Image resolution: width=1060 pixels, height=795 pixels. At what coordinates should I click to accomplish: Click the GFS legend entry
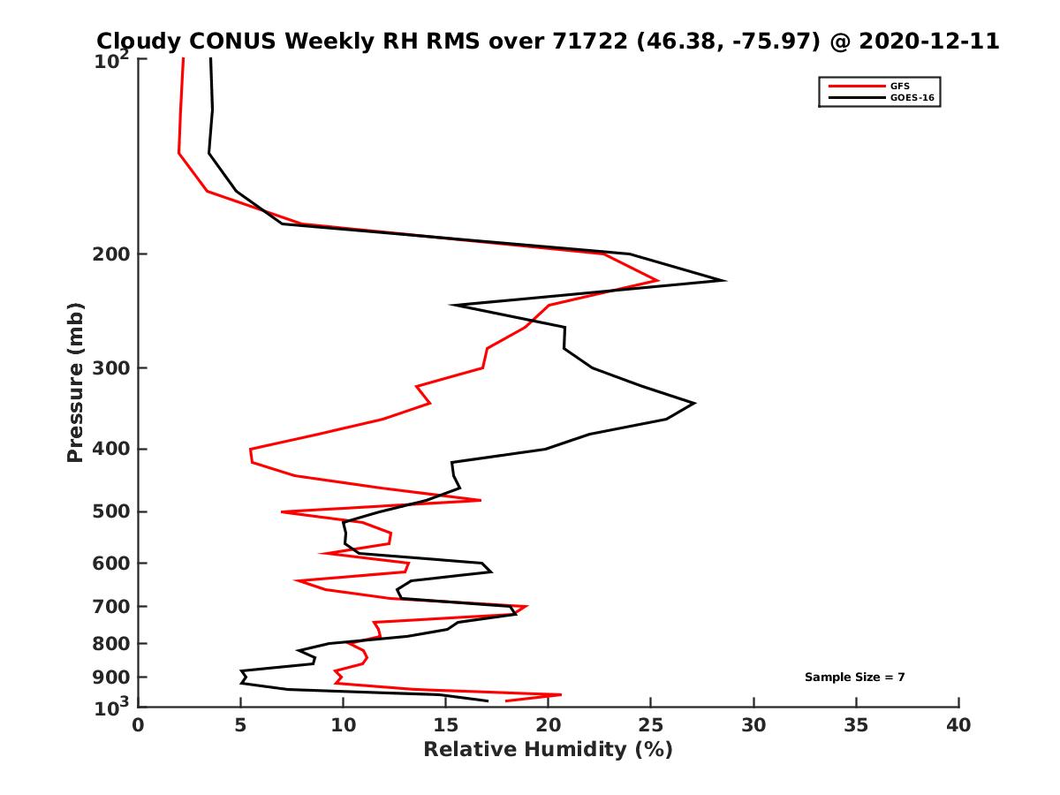pyautogui.click(x=899, y=86)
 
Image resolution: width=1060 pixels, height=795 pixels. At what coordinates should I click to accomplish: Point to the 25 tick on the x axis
pyautogui.click(x=651, y=725)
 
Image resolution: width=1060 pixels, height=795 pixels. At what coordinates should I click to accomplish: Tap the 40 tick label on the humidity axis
pyautogui.click(x=958, y=725)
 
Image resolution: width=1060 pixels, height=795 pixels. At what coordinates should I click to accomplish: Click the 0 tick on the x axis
pyautogui.click(x=139, y=725)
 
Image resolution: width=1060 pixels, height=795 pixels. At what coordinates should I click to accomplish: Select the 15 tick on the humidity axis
pyautogui.click(x=446, y=725)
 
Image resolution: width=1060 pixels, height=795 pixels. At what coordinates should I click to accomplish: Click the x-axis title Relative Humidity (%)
pyautogui.click(x=548, y=750)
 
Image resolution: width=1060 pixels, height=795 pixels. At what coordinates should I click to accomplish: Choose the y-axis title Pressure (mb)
pyautogui.click(x=75, y=382)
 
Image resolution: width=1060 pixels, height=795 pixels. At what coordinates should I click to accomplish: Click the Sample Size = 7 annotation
pyautogui.click(x=854, y=678)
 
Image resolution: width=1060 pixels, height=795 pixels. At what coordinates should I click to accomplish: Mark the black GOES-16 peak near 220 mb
pyautogui.click(x=725, y=281)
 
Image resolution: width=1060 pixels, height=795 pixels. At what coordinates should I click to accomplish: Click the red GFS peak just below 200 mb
pyautogui.click(x=658, y=281)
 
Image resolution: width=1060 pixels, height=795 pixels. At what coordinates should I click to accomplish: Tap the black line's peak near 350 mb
pyautogui.click(x=694, y=403)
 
